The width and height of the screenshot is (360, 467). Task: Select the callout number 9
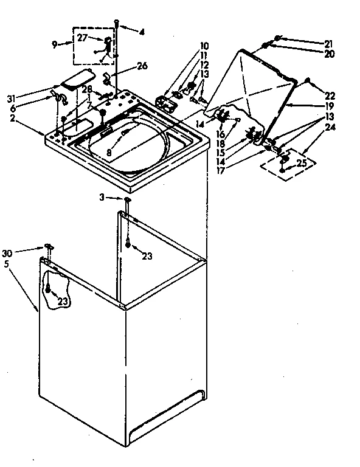[x=54, y=44]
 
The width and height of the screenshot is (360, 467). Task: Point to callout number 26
[x=142, y=66]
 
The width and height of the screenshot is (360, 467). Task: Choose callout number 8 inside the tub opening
[x=109, y=152]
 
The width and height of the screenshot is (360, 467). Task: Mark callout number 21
[x=329, y=43]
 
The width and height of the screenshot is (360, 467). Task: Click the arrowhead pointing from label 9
[x=71, y=44]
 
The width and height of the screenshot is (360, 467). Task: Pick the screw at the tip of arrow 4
[x=116, y=22]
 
